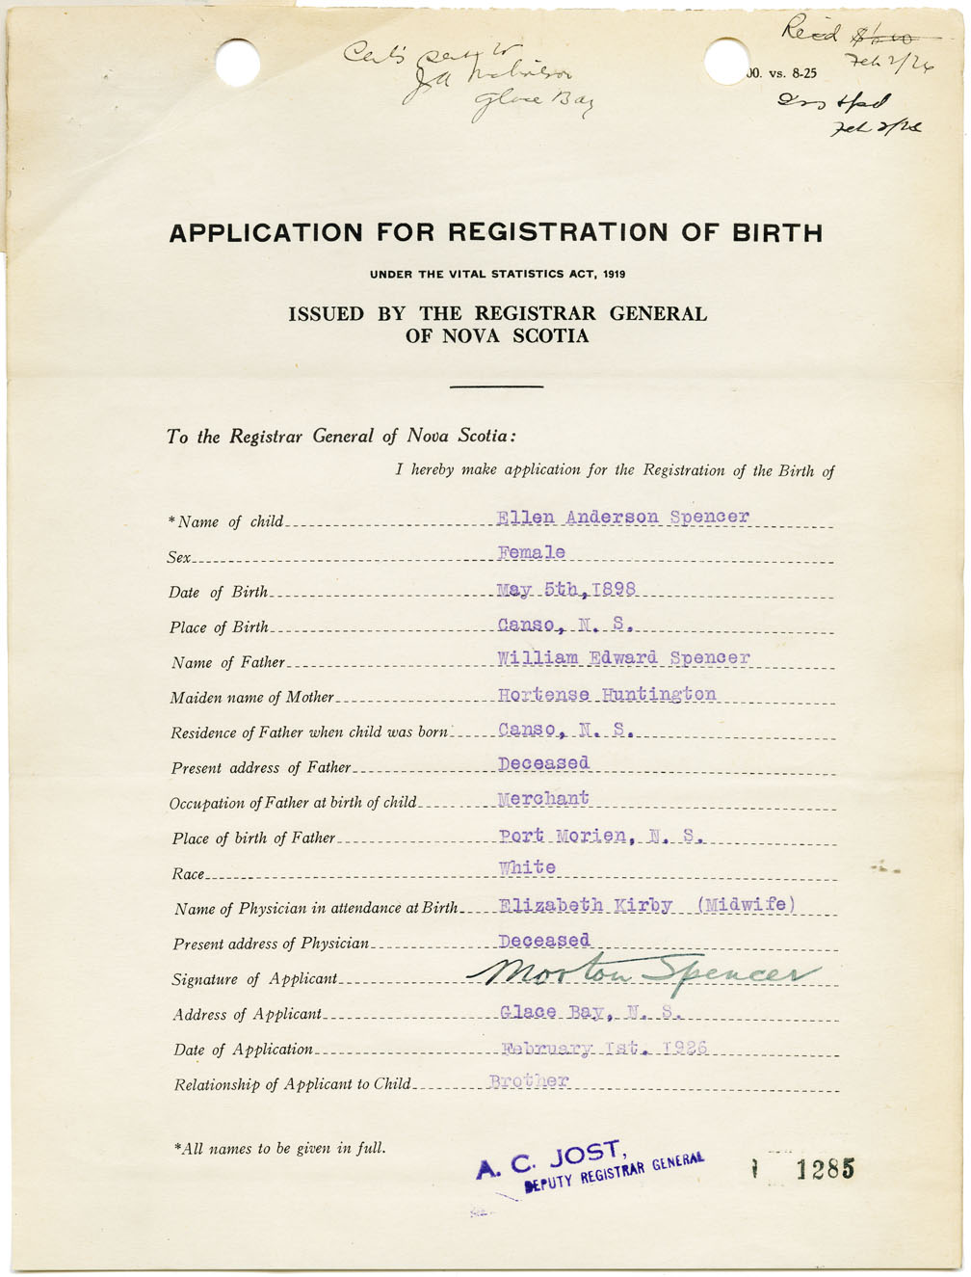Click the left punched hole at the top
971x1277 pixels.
tap(237, 63)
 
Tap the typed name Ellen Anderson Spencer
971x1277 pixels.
tap(622, 517)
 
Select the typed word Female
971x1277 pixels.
tap(532, 552)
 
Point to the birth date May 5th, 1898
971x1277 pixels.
tap(566, 589)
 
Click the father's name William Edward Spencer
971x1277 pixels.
tap(623, 658)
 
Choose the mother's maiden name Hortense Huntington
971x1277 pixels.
tap(607, 694)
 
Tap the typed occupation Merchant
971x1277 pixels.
tap(543, 799)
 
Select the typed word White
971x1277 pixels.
tap(527, 867)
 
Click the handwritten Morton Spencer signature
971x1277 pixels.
tap(645, 975)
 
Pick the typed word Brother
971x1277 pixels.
tap(529, 1080)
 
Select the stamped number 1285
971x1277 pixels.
tap(826, 1169)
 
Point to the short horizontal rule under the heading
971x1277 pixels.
tap(496, 386)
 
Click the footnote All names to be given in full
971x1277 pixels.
tap(279, 1148)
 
